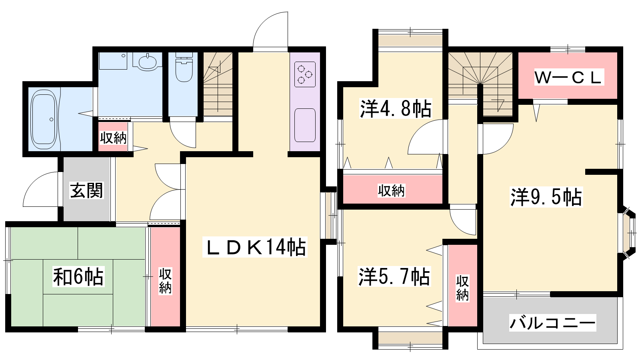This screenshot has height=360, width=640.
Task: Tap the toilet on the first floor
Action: [184, 67]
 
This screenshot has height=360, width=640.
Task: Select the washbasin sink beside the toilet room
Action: [148, 62]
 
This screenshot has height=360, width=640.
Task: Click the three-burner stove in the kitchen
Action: [305, 74]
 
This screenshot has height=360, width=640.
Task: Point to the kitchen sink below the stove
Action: [305, 125]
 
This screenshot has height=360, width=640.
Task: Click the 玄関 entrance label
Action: [86, 190]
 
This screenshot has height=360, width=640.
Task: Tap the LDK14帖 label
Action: [255, 247]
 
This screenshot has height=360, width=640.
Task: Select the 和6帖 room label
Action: [78, 276]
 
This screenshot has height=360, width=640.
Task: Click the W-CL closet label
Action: [569, 77]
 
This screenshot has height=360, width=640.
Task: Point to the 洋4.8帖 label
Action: [396, 108]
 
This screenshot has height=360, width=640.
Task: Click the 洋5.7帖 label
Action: [394, 276]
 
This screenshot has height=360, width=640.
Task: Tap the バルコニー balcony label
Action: [552, 323]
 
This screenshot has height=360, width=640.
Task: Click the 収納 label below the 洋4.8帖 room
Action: [392, 190]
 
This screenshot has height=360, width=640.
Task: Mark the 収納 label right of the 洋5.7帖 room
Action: [462, 288]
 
